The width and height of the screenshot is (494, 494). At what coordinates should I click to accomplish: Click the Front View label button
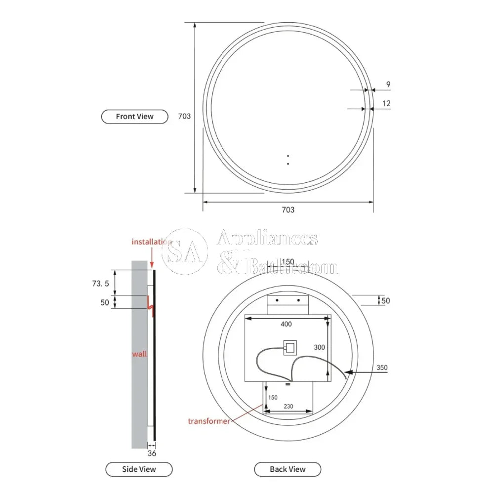tap(134, 117)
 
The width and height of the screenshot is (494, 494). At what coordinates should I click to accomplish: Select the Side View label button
tap(139, 469)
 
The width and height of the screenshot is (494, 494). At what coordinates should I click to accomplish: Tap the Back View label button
tap(288, 469)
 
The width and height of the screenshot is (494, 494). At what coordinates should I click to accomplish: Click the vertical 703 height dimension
tap(184, 116)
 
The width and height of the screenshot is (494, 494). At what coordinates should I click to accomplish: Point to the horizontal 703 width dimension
tap(288, 209)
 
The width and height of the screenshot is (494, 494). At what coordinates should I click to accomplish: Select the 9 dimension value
tap(388, 84)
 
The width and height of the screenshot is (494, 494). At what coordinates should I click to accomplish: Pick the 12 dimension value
tap(386, 103)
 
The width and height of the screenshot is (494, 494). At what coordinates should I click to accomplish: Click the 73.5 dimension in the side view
tap(100, 283)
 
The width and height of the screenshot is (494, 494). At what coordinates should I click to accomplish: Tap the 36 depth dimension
tap(152, 453)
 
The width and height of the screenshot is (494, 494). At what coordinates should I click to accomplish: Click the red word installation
tap(151, 242)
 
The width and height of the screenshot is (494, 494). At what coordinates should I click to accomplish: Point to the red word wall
tap(139, 354)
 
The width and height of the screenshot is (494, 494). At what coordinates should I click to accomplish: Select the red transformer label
tap(208, 421)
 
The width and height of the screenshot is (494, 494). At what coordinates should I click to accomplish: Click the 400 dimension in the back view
tap(286, 324)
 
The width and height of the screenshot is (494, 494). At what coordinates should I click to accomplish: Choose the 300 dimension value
tap(319, 347)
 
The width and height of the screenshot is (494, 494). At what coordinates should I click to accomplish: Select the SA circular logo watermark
tap(185, 251)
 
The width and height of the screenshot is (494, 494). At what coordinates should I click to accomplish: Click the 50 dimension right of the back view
tap(385, 300)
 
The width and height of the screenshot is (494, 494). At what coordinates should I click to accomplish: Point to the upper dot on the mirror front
tap(288, 156)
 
